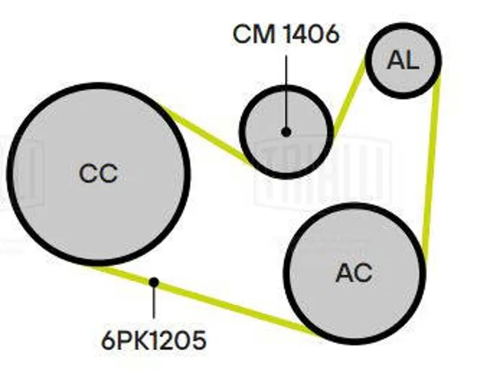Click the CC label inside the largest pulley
pyautogui.click(x=98, y=174)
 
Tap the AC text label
pyautogui.click(x=354, y=273)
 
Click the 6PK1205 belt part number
pyautogui.click(x=154, y=341)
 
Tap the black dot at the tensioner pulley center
pyautogui.click(x=286, y=132)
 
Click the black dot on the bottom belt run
pyautogui.click(x=154, y=281)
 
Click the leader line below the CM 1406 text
pyautogui.click(x=286, y=89)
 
